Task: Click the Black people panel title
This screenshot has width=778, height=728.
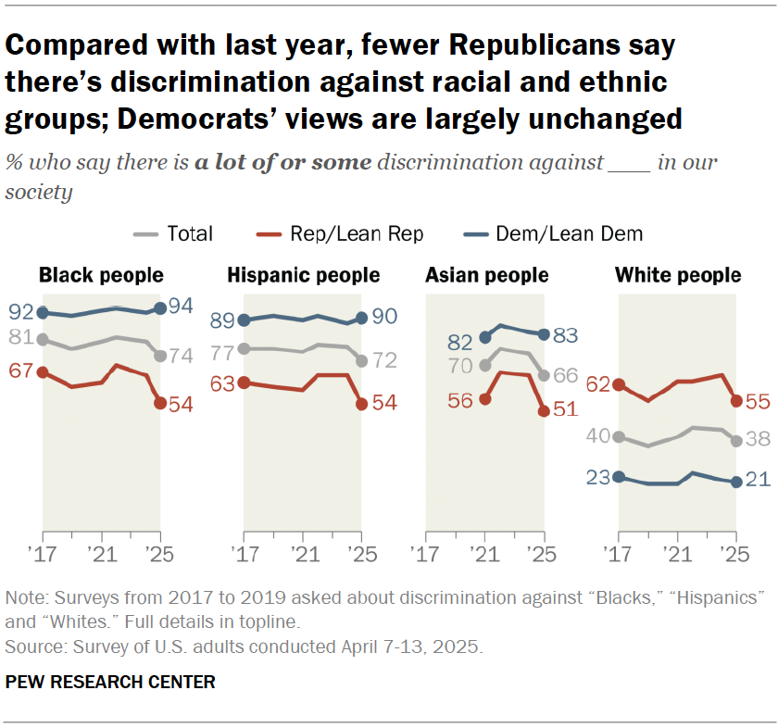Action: coord(101,275)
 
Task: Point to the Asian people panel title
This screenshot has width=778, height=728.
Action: coord(486,275)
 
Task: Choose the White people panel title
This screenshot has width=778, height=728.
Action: coord(678,275)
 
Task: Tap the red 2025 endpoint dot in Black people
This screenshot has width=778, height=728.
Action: coord(160,403)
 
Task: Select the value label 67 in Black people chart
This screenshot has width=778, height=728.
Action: coord(20,371)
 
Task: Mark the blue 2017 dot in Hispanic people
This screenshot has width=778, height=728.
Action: coord(245,320)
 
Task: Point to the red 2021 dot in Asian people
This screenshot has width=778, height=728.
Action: coord(484,399)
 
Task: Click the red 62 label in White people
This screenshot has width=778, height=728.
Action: coord(597,384)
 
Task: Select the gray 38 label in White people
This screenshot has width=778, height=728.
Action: coord(759,441)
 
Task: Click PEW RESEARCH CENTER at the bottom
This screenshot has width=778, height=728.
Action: coord(110,683)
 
